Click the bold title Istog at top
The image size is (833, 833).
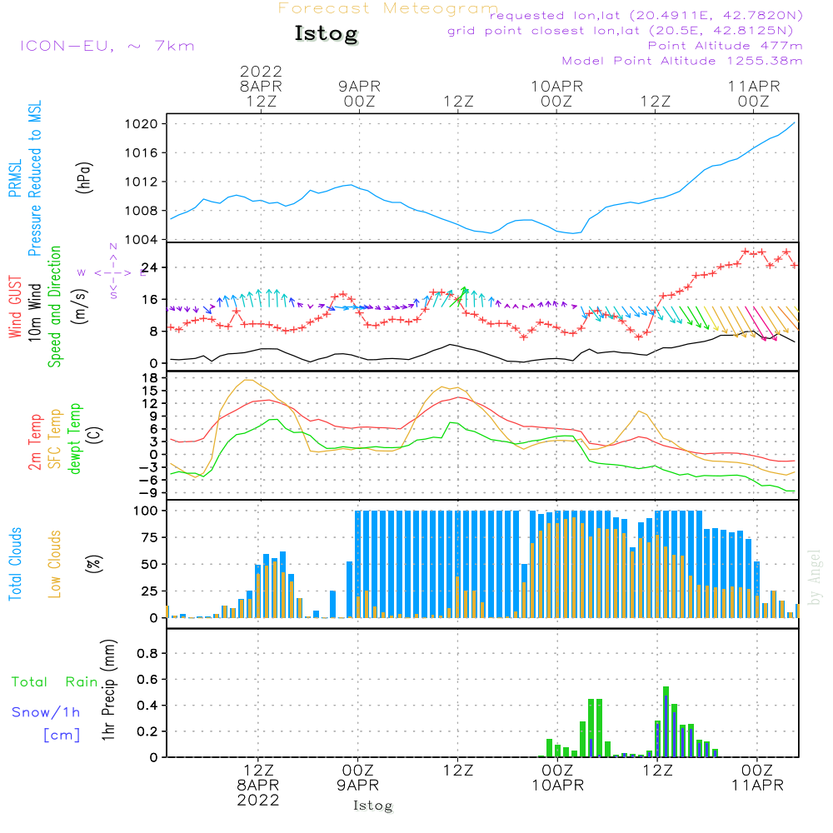[x=326, y=34]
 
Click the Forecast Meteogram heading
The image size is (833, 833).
[x=388, y=8]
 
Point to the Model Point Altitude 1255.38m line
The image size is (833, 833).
[x=682, y=61]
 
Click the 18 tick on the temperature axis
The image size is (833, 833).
[x=152, y=378]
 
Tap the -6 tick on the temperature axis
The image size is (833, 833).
[x=150, y=479]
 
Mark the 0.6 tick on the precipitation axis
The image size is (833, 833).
[x=147, y=680]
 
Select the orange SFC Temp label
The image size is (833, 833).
[x=55, y=439]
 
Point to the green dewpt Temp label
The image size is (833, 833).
[x=75, y=438]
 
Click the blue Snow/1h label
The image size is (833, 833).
[x=46, y=712]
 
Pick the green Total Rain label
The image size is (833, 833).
[x=55, y=682]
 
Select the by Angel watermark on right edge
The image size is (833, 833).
[x=816, y=577]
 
